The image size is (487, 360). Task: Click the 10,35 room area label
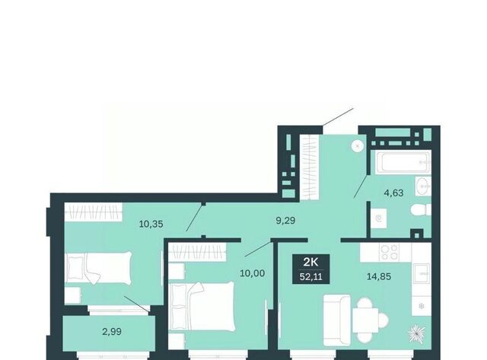coord(151,224)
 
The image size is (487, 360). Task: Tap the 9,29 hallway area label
coord(285,221)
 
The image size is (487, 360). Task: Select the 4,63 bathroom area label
coord(393,193)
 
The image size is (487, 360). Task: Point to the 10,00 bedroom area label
coord(252,273)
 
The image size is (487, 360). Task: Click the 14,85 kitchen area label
coord(379,276)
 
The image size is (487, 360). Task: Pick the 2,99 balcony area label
coord(112,332)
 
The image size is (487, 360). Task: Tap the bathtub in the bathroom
coord(403,162)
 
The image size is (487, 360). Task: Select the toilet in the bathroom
coord(421,210)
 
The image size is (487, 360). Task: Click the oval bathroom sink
coord(423,186)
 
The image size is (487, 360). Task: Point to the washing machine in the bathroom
coord(379,218)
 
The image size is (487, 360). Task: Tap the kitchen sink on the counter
coord(422,274)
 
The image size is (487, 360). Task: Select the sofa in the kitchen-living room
coord(337,320)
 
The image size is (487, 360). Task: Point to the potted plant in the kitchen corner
coord(417,334)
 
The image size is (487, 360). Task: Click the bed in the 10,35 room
coord(98,268)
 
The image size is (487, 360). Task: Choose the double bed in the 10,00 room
coord(202,306)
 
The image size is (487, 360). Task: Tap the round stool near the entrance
coord(358,145)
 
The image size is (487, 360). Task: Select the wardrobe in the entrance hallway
coord(310,167)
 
